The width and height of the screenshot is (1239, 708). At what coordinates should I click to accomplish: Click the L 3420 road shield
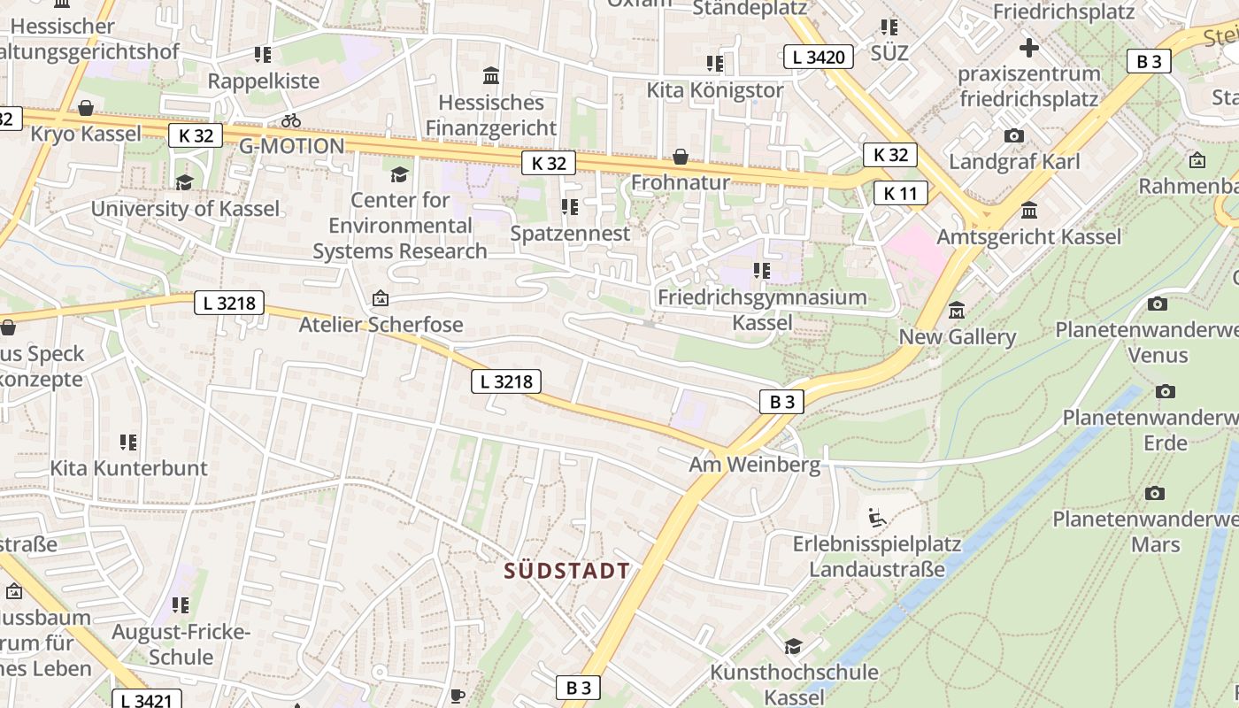pos(819,58)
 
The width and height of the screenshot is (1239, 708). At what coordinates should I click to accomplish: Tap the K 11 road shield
pos(901,193)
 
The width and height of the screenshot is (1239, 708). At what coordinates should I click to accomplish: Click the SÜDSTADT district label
pos(567,571)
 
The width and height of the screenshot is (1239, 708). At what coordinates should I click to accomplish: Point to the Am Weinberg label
pos(755,464)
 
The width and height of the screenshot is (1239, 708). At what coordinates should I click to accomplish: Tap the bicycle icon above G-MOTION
pos(291,120)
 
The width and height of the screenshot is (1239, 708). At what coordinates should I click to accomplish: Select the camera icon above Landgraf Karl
pos(1014,135)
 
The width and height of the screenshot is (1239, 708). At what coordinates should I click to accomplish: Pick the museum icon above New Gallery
pos(957,311)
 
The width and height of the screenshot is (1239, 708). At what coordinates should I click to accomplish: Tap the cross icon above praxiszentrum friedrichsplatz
pos(1028,47)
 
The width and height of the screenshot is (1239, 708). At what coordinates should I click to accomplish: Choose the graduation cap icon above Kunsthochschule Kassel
pos(794,646)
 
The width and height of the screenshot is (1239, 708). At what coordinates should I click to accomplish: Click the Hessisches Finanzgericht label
pos(491,115)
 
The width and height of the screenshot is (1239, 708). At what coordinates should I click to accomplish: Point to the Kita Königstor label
pos(714,90)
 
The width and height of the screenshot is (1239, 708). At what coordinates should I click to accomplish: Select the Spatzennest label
pos(570,234)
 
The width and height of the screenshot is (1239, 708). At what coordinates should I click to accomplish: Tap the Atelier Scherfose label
pos(381,324)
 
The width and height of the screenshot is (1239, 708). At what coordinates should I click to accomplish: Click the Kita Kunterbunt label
pos(128,467)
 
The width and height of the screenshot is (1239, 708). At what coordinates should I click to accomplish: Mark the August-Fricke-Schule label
pos(181,644)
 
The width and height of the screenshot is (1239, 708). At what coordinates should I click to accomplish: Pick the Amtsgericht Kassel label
pos(1028,236)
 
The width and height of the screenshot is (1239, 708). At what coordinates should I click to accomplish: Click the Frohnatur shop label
pos(680,182)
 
